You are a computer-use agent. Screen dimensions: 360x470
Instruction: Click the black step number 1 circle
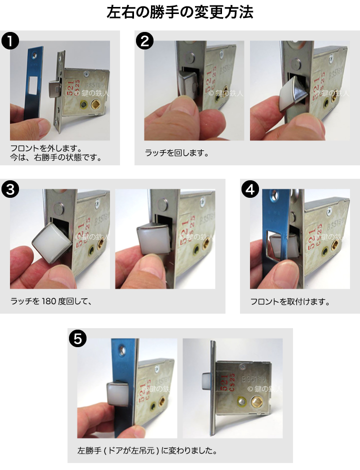(10, 41)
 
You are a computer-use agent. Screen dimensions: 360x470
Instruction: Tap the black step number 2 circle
(144, 41)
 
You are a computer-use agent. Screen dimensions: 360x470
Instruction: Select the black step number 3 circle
(10, 189)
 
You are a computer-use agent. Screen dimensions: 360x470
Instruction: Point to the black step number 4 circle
(250, 189)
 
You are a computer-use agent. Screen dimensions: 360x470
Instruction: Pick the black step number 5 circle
(77, 339)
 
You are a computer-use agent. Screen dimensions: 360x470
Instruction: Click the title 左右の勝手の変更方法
(180, 12)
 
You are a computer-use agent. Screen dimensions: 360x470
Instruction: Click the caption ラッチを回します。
(176, 153)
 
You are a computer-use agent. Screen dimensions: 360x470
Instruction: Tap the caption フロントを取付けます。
(290, 302)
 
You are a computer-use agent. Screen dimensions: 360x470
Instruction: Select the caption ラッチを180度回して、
(51, 301)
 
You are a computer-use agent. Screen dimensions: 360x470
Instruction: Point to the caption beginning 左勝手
(147, 451)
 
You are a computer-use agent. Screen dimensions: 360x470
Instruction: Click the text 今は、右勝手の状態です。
(56, 157)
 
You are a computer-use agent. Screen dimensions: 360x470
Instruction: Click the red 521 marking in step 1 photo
(70, 88)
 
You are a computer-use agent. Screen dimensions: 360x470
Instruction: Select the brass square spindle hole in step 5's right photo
(256, 400)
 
